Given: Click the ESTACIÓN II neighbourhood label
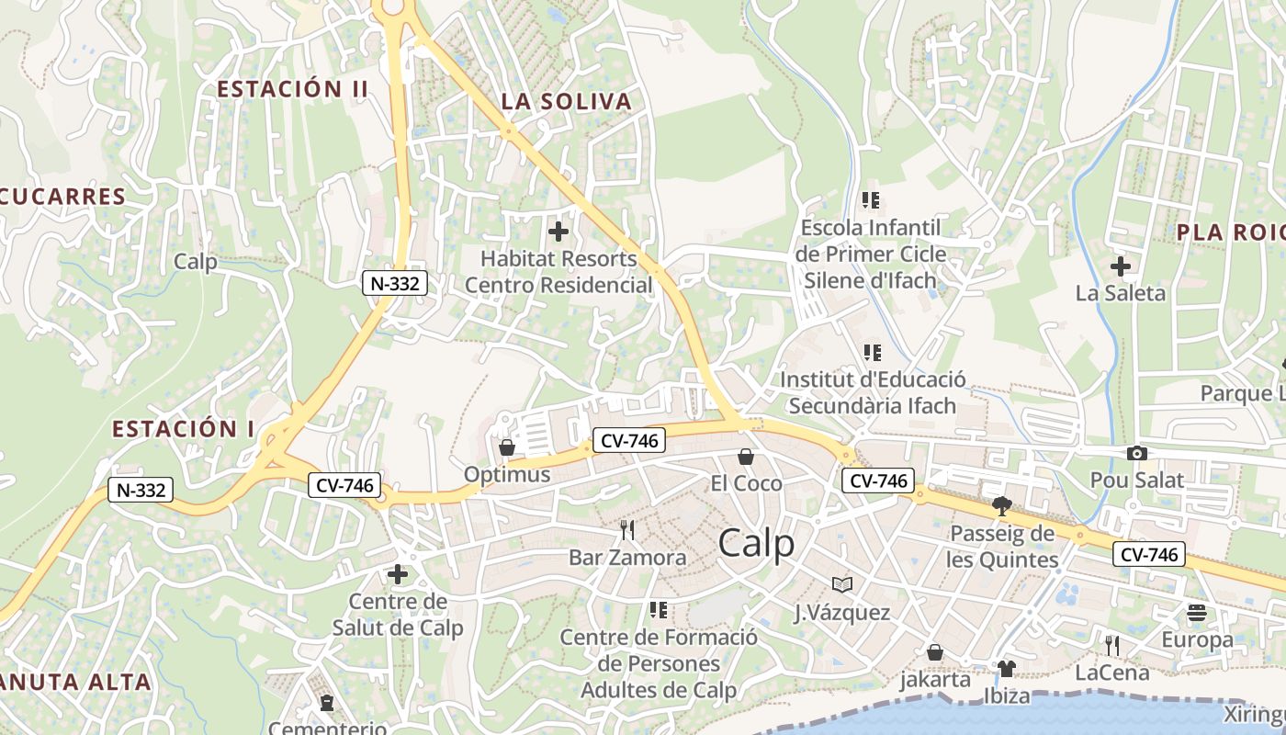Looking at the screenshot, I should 292,89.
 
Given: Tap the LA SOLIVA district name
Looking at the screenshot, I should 567,102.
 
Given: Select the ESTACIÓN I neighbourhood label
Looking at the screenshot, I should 184,429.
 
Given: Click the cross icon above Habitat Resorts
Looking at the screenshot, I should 558,232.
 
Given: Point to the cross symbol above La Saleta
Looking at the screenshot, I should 1120,267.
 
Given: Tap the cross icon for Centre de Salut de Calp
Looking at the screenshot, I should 397,575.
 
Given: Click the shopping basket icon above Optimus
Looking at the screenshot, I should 506,447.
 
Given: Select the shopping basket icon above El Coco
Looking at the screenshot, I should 746,457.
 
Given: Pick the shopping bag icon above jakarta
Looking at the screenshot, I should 934,652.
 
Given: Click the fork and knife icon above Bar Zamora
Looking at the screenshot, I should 627,530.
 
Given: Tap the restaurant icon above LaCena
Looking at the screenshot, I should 1111,645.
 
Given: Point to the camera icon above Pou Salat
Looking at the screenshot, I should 1136,453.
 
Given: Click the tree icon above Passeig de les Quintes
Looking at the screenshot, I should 1002,505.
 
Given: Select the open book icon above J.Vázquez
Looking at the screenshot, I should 842,584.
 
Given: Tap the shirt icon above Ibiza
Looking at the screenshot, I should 1007,668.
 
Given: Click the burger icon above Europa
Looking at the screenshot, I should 1197,612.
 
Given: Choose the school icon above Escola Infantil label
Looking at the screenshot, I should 870,199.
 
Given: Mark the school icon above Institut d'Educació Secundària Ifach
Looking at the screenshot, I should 872,352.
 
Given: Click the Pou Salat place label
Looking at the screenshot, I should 1136,480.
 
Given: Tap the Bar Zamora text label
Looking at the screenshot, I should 627,558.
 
